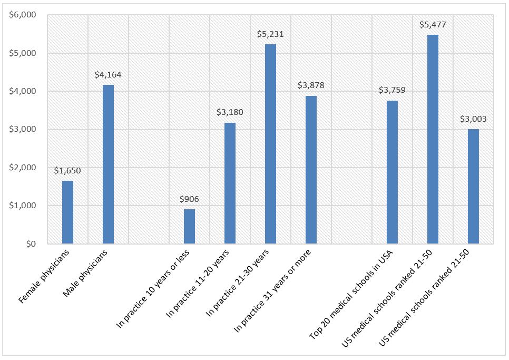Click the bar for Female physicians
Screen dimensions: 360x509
click(67, 212)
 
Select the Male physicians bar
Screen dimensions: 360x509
click(108, 164)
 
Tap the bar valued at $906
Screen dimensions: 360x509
click(189, 227)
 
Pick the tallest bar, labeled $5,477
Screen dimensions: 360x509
click(433, 139)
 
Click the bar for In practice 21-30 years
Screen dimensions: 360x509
click(270, 144)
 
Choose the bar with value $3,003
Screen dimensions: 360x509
click(473, 187)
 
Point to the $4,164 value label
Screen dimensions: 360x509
click(108, 75)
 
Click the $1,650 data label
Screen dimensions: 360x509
click(67, 171)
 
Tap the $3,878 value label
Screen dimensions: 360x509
click(311, 86)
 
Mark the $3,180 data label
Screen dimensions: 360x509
click(230, 112)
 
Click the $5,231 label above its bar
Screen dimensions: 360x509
click(270, 34)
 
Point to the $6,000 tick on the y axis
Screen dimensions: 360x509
click(23, 15)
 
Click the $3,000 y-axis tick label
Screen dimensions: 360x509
click(23, 130)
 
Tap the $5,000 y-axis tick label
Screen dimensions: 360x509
click(23, 53)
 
